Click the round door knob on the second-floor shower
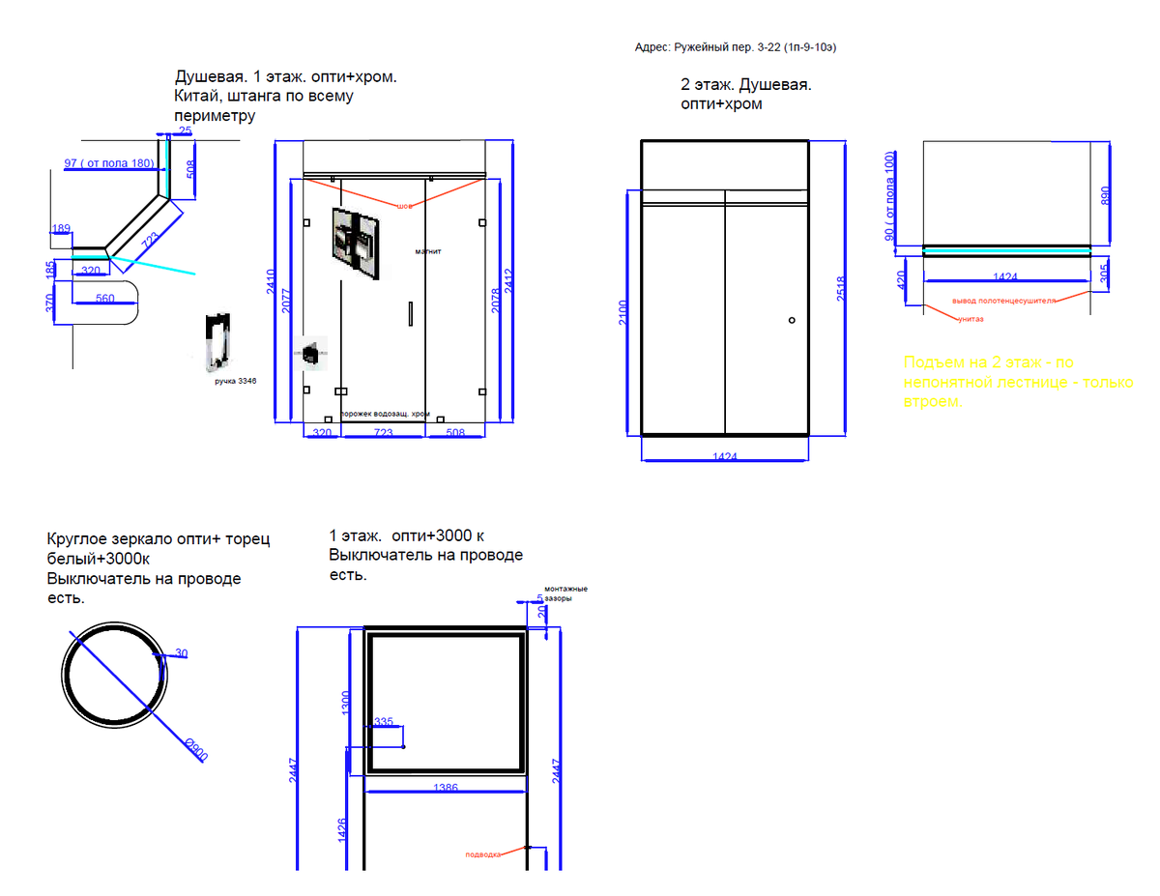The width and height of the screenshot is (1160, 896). coord(792,320)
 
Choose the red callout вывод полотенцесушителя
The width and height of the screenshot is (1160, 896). coord(1003,301)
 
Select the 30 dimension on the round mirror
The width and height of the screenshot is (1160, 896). coord(181,654)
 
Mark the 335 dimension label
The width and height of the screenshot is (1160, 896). coord(384,722)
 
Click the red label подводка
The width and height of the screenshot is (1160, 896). coord(482,854)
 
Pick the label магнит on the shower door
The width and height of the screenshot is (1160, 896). coord(428,251)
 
